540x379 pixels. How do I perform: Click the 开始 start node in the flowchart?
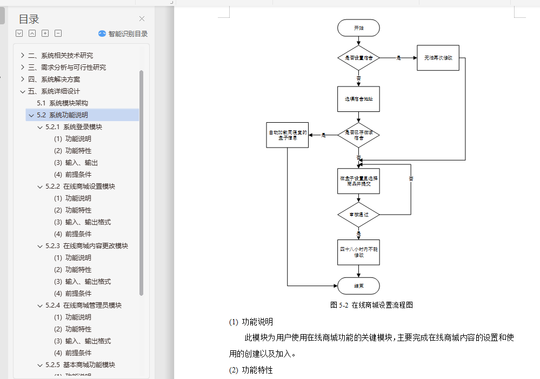tap(358, 28)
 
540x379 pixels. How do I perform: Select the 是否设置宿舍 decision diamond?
tap(358, 57)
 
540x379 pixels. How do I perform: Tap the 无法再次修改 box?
tap(438, 57)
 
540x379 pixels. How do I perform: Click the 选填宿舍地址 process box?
tap(358, 99)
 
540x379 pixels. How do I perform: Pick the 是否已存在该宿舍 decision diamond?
tap(358, 135)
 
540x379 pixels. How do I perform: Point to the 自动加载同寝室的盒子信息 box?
tap(288, 135)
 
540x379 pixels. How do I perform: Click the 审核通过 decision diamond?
tap(358, 215)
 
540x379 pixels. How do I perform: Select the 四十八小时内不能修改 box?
tap(358, 252)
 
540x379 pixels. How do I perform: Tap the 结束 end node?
tap(358, 285)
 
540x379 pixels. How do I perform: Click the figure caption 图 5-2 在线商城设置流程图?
tap(372, 305)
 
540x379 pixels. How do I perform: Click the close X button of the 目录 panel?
tap(142, 19)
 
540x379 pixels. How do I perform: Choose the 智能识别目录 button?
tap(123, 34)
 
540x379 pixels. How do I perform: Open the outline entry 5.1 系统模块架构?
tap(63, 103)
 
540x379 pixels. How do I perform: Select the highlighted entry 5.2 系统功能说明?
tap(63, 115)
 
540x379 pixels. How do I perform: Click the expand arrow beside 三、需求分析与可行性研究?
tap(22, 67)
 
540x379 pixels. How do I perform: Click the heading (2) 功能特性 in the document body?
tap(251, 370)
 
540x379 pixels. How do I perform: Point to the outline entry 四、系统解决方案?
tap(54, 79)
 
